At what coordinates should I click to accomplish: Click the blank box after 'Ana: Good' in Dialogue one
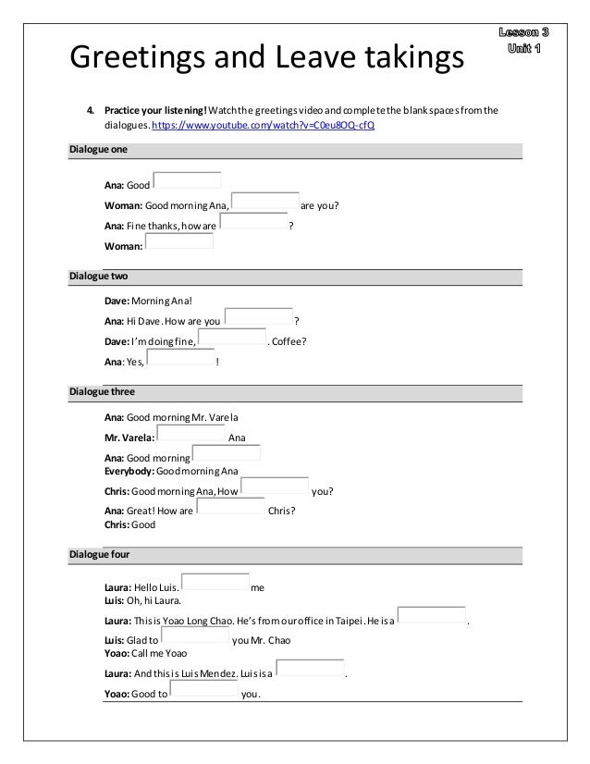click(x=188, y=180)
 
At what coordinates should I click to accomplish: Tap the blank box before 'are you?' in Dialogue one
click(x=264, y=201)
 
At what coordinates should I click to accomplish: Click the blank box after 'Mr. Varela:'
click(x=191, y=433)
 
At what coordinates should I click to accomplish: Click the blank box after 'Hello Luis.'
click(x=215, y=582)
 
